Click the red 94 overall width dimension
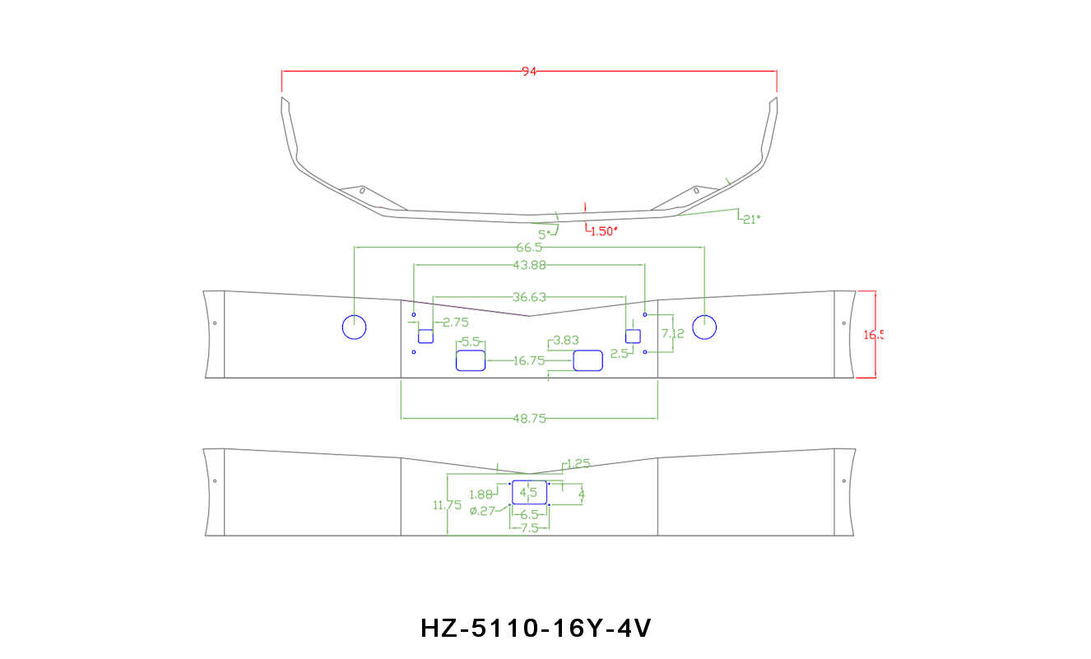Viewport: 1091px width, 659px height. pos(529,72)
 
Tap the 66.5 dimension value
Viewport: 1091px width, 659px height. pos(529,248)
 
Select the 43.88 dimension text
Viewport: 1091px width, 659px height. pos(529,265)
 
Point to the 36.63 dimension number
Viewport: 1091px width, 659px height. pos(529,297)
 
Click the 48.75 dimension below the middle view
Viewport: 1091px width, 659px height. pos(529,418)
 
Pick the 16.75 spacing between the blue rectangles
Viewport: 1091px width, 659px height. pos(528,360)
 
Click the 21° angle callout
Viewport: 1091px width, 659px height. pos(750,219)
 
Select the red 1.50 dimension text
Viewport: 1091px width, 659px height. pos(603,231)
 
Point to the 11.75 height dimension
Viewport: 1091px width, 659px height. pos(447,505)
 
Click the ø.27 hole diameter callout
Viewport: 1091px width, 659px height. pos(482,511)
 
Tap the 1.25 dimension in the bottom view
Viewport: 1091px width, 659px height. pos(578,464)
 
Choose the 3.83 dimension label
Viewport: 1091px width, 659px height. pos(566,340)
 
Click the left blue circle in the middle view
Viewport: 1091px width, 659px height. pos(354,327)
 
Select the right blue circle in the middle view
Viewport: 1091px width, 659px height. pos(704,327)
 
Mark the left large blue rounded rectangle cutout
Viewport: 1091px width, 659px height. pos(471,360)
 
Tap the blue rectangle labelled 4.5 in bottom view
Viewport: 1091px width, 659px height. pos(529,492)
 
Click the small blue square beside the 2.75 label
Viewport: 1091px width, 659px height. pos(425,336)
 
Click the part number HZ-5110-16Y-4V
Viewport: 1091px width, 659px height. pos(536,629)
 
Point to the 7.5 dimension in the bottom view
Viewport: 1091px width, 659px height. pos(529,528)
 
